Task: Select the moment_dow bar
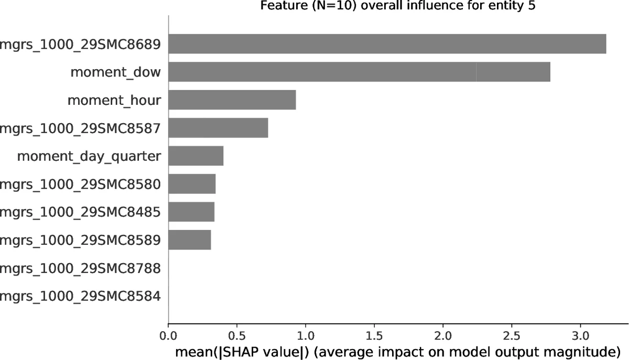pyautogui.click(x=359, y=72)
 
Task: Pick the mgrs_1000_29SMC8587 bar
pyautogui.click(x=218, y=128)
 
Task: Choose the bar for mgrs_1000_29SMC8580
pyautogui.click(x=192, y=184)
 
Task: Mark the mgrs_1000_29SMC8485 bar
pyautogui.click(x=191, y=212)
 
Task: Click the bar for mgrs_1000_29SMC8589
pyautogui.click(x=189, y=241)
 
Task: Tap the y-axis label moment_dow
pyautogui.click(x=115, y=72)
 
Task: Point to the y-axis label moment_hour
pyautogui.click(x=114, y=100)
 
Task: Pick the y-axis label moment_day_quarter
pyautogui.click(x=89, y=156)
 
